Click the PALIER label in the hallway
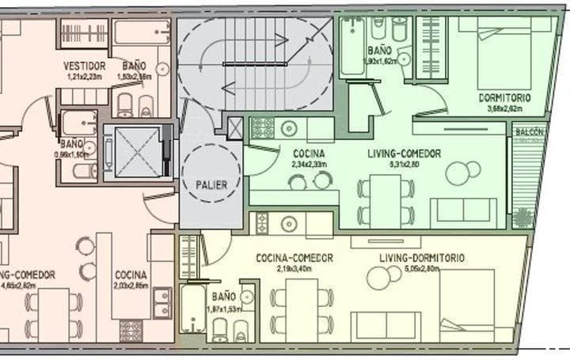click(x=210, y=185)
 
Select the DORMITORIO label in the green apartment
click(x=504, y=97)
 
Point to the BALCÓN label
click(x=529, y=132)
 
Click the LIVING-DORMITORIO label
click(x=421, y=258)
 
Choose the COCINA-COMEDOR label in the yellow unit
click(x=294, y=258)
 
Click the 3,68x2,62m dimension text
click(x=504, y=108)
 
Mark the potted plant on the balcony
click(x=522, y=217)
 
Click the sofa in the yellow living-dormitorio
click(x=385, y=327)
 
